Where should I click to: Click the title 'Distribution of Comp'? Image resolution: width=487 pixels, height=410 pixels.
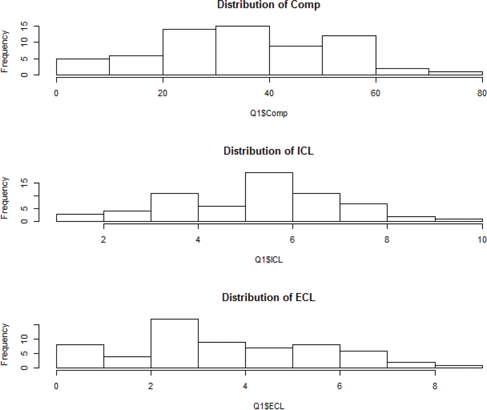[x=269, y=5]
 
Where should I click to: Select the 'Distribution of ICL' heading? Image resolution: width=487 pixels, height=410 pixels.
[x=269, y=151]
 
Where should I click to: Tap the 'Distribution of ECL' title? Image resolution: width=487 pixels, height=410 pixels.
[x=269, y=297]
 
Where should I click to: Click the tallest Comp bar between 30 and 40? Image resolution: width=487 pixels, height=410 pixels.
[x=242, y=50]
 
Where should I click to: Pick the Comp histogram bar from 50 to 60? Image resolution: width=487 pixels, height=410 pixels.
[x=349, y=55]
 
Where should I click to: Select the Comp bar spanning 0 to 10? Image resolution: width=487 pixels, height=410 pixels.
[x=83, y=67]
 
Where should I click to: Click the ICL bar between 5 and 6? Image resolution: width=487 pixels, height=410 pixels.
[x=269, y=197]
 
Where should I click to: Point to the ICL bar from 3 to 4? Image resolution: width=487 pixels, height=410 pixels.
[x=174, y=207]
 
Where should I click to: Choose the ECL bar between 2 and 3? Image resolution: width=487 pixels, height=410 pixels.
[x=174, y=343]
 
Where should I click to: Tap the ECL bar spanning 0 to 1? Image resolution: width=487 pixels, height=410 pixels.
[x=80, y=356]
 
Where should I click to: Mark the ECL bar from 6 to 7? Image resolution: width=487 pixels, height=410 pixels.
[x=363, y=359]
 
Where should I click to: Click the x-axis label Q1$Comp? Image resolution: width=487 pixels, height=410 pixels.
[x=269, y=113]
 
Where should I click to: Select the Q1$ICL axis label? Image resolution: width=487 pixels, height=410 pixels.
[x=269, y=260]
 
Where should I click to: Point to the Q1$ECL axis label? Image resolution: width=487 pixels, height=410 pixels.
[x=269, y=406]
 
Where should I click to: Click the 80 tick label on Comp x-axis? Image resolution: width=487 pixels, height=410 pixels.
[x=482, y=93]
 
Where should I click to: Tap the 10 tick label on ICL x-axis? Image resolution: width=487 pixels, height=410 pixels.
[x=482, y=240]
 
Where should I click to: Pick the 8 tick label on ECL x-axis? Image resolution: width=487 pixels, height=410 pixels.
[x=435, y=386]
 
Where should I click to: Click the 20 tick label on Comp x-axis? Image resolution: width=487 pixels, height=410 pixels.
[x=162, y=93]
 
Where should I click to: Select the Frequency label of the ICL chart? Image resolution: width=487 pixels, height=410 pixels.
[x=4, y=198]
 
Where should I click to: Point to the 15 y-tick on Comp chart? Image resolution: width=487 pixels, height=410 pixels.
[x=24, y=26]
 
